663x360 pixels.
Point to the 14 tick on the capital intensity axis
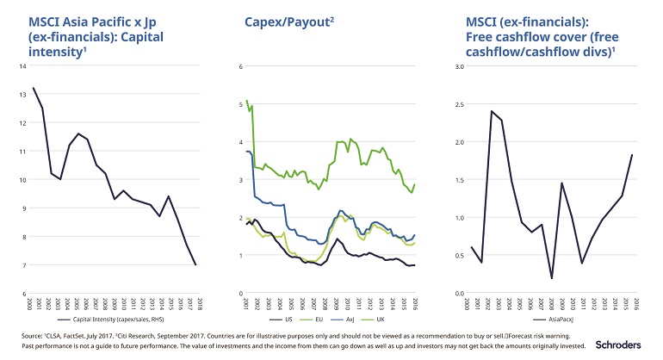[23, 66]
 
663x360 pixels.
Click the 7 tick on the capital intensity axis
[25, 265]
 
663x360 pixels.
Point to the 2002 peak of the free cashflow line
[492, 111]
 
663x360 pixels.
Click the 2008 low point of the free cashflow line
[551, 278]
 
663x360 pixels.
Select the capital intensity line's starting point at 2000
[34, 88]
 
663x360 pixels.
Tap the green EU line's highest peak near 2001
[247, 100]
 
